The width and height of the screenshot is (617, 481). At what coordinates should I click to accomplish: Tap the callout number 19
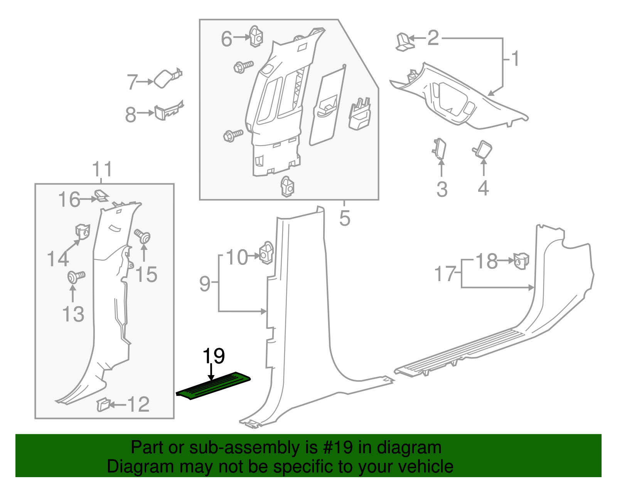click(x=214, y=356)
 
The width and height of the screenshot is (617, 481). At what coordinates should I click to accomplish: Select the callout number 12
click(x=138, y=404)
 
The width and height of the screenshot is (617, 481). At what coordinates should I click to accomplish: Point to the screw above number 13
click(x=76, y=277)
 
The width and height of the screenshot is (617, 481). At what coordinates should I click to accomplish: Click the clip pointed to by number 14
click(x=82, y=231)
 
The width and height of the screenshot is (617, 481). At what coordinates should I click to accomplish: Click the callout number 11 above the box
click(x=102, y=169)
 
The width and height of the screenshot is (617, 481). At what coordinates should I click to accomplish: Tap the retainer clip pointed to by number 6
click(x=256, y=37)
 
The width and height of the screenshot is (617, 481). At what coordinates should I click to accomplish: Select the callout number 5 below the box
click(x=345, y=218)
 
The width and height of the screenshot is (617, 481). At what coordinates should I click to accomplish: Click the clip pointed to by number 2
click(x=404, y=42)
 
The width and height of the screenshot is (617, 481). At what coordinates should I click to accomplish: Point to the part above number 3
click(x=439, y=148)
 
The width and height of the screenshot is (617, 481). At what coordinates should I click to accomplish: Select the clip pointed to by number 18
click(x=521, y=261)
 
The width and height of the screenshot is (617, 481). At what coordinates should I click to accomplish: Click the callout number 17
click(x=445, y=274)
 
